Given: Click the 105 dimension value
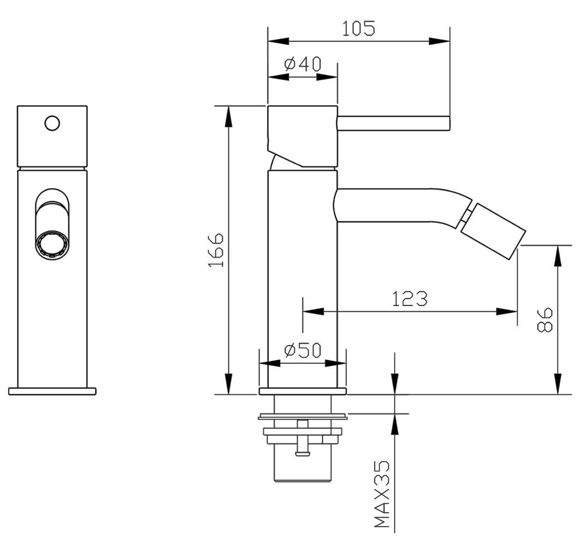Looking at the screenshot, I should pyautogui.click(x=358, y=29).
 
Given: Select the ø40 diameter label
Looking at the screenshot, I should pyautogui.click(x=303, y=64).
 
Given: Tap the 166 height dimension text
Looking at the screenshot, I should pyautogui.click(x=216, y=250).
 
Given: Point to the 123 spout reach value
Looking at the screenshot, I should pyautogui.click(x=410, y=299).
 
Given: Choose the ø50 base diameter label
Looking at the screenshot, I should pyautogui.click(x=303, y=351).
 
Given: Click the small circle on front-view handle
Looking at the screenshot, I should pyautogui.click(x=52, y=123).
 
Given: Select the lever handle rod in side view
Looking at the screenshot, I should pyautogui.click(x=393, y=123).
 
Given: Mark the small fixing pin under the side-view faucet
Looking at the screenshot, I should pyautogui.click(x=303, y=439).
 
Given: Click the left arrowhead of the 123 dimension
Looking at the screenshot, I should pyautogui.click(x=312, y=312).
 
